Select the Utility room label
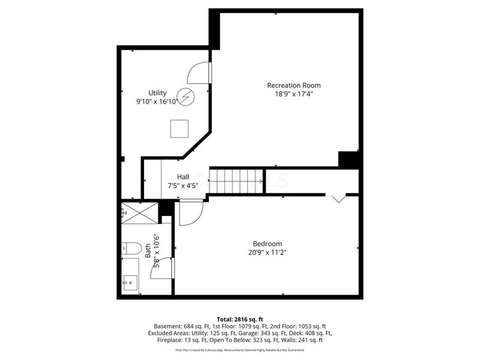[157, 92]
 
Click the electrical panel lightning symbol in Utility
[187, 96]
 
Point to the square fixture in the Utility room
[179, 128]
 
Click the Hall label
[183, 176]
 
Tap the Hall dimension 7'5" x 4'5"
[183, 185]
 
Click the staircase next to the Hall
[236, 181]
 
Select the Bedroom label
[267, 244]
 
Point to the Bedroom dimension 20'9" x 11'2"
[267, 253]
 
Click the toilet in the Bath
[131, 247]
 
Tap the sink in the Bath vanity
[129, 281]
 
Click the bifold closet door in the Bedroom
[338, 197]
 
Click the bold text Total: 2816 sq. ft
[240, 319]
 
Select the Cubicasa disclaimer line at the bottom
[240, 349]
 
